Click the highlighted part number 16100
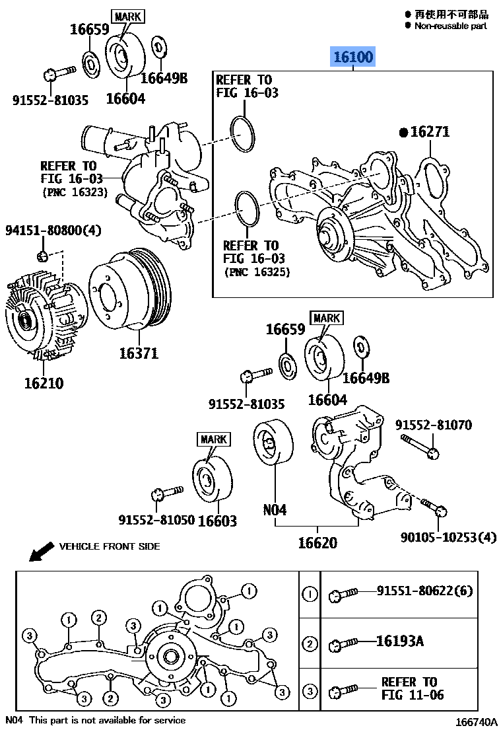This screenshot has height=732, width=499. [352, 57]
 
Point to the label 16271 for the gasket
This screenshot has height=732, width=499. [430, 132]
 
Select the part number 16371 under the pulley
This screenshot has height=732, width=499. [139, 353]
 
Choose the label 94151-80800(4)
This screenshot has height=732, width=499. [53, 231]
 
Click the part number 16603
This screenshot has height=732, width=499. [217, 521]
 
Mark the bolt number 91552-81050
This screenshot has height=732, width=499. [156, 520]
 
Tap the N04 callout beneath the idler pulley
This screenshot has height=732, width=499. [275, 509]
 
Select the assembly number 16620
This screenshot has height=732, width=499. [317, 542]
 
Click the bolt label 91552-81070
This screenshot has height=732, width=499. [434, 425]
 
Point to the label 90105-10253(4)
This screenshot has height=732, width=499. [448, 537]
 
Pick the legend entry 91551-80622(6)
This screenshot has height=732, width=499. [425, 591]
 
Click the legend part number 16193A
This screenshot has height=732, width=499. [399, 640]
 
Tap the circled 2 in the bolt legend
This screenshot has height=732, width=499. [310, 643]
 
